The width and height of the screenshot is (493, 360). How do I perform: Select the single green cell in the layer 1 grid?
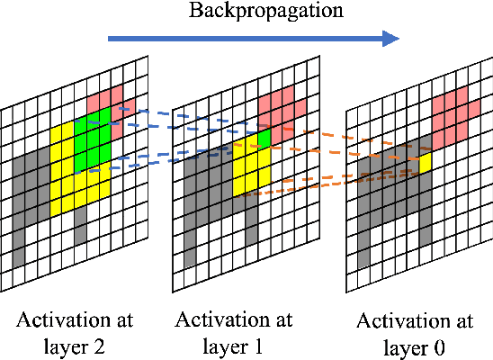tap(264, 138)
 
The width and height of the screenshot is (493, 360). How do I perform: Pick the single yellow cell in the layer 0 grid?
tap(425, 164)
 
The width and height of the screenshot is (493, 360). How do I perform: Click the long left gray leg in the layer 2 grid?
tap(18, 238)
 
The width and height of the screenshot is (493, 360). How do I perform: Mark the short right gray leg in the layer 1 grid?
tap(250, 220)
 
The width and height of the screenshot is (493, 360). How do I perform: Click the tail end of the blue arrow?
tap(110, 38)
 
